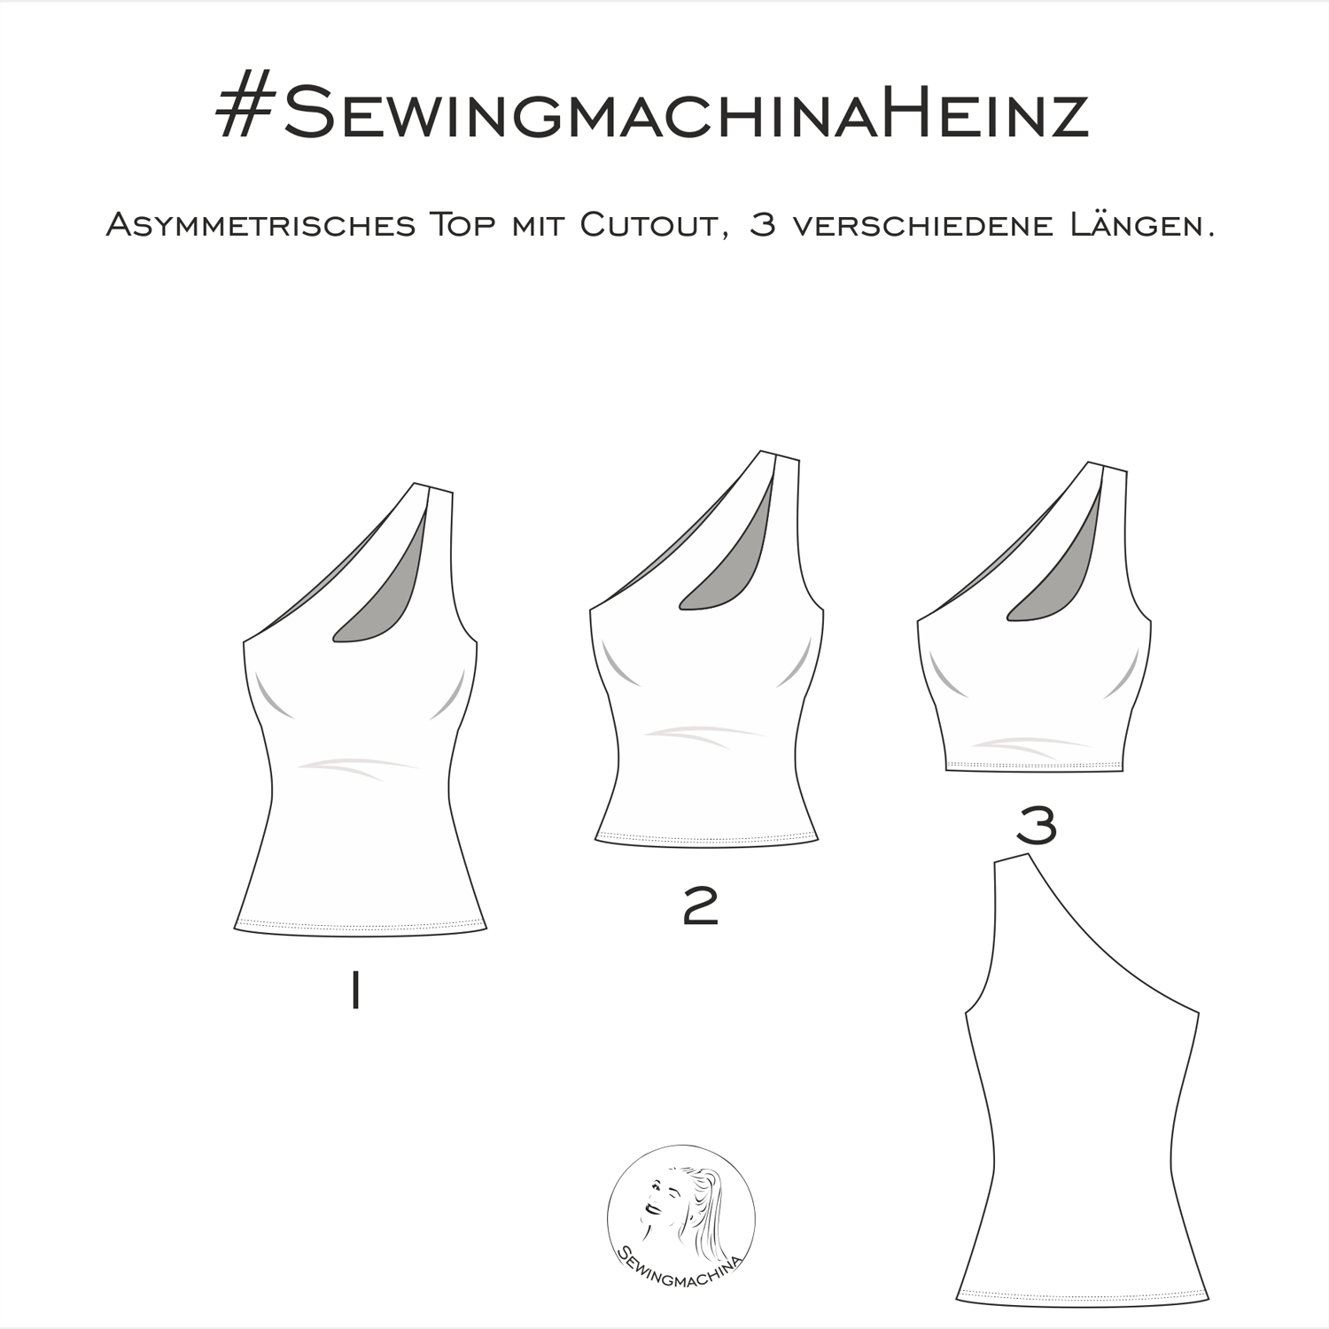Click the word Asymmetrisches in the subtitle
(260, 226)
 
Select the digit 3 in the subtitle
(762, 226)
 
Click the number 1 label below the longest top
(354, 990)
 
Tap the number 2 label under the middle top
(700, 906)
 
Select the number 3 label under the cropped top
(1037, 826)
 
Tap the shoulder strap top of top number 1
(434, 487)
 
